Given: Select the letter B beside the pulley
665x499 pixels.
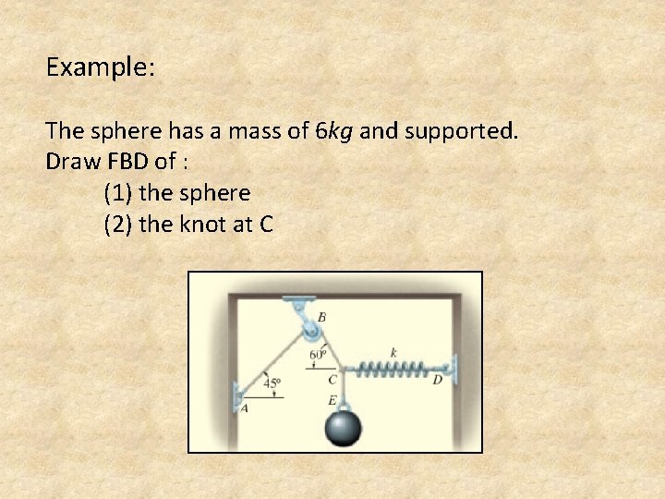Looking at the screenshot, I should click(x=321, y=317).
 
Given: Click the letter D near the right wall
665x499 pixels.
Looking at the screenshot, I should click(x=438, y=379).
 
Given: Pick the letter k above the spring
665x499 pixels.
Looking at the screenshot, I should click(x=393, y=352).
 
